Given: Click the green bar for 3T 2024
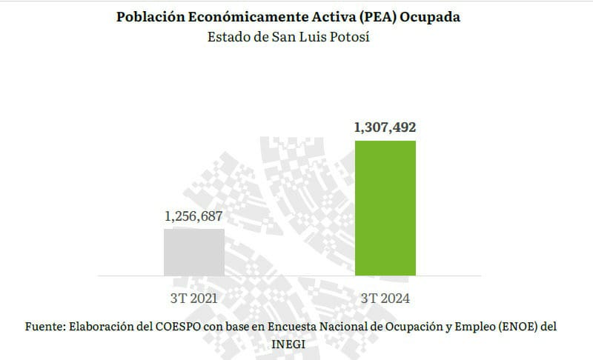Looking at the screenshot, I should pyautogui.click(x=385, y=207).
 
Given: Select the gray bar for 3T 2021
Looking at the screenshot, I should pyautogui.click(x=193, y=252).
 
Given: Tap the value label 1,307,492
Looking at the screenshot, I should pyautogui.click(x=385, y=127).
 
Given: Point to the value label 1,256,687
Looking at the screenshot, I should pyautogui.click(x=193, y=217).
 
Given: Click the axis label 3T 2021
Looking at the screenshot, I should pyautogui.click(x=193, y=299).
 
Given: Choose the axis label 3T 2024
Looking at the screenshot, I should pyautogui.click(x=385, y=299).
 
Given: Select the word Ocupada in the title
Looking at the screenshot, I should pyautogui.click(x=431, y=17).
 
